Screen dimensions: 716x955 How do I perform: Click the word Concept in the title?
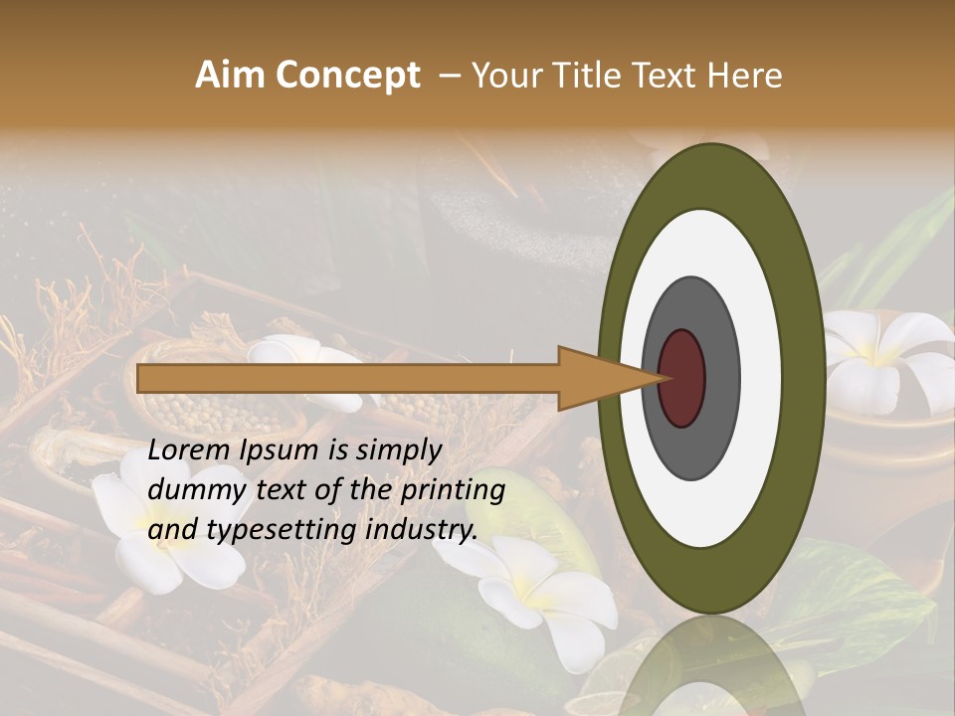click(347, 77)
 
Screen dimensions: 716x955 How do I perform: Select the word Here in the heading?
click(745, 76)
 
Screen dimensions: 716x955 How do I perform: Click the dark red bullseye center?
click(681, 378)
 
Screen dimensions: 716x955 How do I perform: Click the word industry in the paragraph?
click(422, 530)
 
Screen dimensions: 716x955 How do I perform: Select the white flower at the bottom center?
click(537, 597)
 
